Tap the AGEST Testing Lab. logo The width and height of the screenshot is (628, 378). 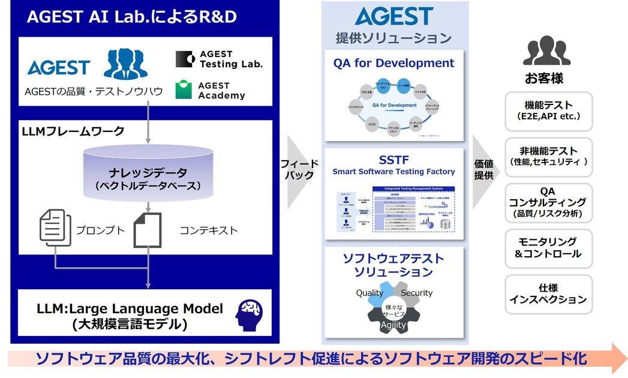[184, 59]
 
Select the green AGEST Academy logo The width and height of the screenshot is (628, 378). [184, 90]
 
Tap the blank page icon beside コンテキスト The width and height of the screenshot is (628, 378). [147, 229]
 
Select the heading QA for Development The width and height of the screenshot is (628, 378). [393, 63]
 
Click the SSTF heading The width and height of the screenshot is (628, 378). [393, 159]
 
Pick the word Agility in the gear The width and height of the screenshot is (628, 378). [393, 325]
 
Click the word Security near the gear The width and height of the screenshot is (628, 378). [416, 293]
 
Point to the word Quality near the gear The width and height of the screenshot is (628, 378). [369, 293]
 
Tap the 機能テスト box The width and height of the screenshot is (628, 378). [548, 111]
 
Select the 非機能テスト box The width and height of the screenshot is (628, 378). [548, 157]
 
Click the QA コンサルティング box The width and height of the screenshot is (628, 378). [548, 202]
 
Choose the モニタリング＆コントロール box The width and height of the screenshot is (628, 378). [548, 248]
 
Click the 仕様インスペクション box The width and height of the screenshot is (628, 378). [548, 293]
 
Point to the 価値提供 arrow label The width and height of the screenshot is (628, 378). [483, 169]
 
